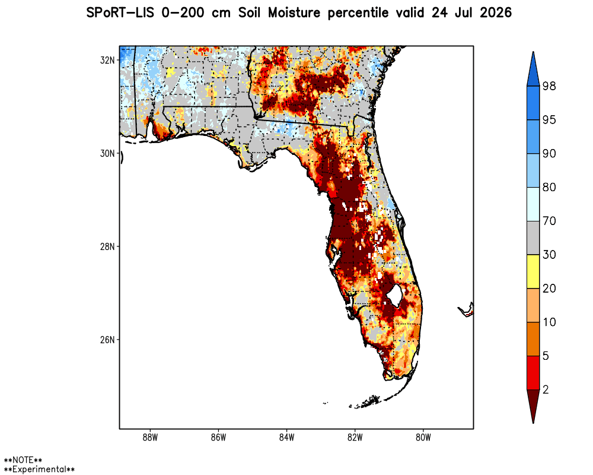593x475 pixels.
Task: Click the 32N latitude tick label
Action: click(107, 60)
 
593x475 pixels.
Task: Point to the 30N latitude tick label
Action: click(107, 153)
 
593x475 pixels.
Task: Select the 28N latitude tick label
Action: click(107, 246)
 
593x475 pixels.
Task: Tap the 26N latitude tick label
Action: click(107, 340)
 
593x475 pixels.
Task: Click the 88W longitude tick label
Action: click(150, 438)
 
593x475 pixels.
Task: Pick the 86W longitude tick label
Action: click(219, 438)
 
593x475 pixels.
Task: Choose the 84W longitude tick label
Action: click(286, 438)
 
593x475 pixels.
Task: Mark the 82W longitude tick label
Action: click(355, 438)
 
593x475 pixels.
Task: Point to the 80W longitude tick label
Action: click(423, 438)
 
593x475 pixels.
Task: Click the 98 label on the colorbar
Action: click(549, 86)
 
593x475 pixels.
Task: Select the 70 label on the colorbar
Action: click(549, 221)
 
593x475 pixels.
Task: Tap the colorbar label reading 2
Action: click(546, 389)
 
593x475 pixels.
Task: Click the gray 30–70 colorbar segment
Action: click(533, 238)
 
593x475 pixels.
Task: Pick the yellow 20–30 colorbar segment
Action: click(533, 271)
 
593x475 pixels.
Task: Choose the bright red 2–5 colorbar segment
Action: click(533, 373)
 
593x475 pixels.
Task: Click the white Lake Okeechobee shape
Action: click(394, 296)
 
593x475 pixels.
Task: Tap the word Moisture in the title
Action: click(294, 13)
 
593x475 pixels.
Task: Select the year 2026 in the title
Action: click(495, 13)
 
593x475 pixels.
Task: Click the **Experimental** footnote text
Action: click(39, 469)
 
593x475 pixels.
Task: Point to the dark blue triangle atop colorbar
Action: click(533, 70)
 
